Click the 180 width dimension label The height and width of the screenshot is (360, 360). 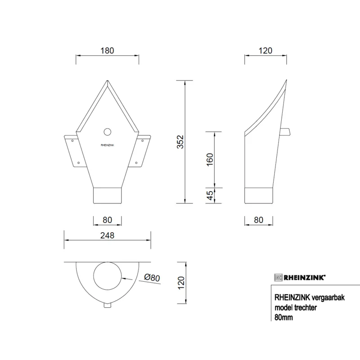(x=107, y=50)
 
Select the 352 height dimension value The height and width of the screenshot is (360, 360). (x=181, y=142)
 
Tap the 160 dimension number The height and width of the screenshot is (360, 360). (x=210, y=160)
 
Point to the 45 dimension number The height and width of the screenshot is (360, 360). (x=210, y=195)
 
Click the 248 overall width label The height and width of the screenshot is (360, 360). (x=107, y=235)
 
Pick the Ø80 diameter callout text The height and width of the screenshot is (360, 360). (x=152, y=278)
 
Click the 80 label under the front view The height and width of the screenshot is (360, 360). (x=107, y=220)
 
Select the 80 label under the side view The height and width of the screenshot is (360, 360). (x=258, y=220)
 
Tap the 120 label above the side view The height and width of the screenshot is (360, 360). (x=265, y=50)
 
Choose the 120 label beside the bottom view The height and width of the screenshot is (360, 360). (x=181, y=283)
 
